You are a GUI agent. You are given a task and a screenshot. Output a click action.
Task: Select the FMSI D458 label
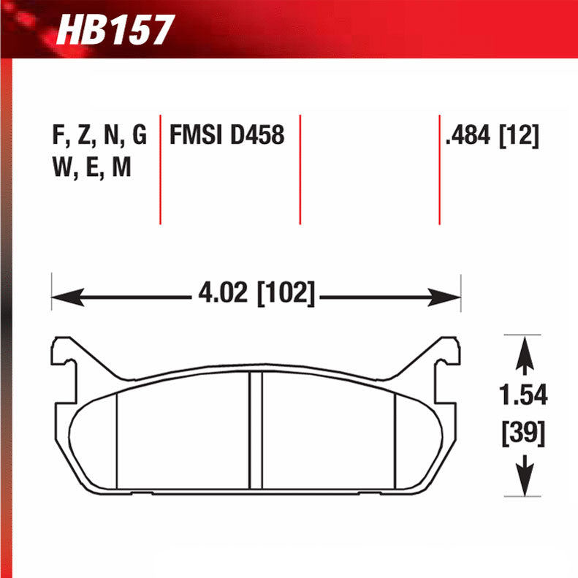coord(227,136)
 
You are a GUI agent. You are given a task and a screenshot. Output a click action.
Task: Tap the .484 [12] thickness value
coord(492,136)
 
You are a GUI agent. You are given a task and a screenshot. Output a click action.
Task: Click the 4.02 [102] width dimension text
coord(256,296)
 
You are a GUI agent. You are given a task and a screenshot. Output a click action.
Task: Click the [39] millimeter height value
coord(523,434)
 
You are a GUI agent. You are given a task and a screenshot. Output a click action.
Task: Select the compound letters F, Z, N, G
coord(99,136)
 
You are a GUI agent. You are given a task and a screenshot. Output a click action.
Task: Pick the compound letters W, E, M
coord(91,169)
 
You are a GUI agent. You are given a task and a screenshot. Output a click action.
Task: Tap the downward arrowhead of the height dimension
coord(523,483)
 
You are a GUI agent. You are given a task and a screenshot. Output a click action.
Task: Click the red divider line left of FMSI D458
coord(160,169)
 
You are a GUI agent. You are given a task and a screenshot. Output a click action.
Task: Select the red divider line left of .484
coord(439,169)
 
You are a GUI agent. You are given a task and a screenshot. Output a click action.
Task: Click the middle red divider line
coord(300,169)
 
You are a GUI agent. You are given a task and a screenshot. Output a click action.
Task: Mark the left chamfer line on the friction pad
coord(118,438)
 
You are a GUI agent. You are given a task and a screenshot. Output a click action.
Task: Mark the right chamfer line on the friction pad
coord(395,438)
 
